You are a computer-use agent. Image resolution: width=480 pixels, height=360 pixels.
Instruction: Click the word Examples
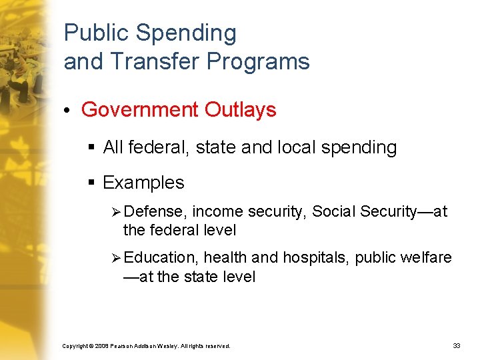tap(143, 183)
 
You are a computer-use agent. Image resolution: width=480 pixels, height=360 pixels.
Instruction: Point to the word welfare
tap(427, 257)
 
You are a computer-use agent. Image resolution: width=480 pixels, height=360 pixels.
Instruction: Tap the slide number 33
tap(457, 346)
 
